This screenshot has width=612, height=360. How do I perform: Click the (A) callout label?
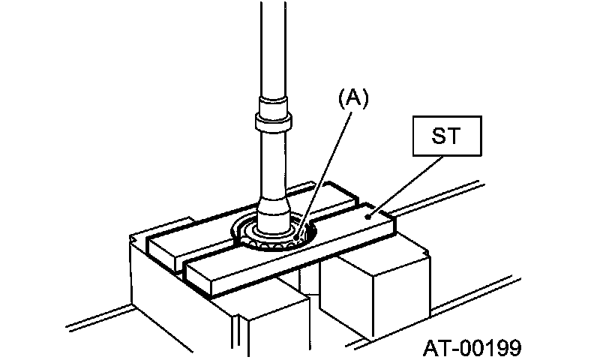coord(354,99)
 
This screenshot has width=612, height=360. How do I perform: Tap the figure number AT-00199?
coord(472,347)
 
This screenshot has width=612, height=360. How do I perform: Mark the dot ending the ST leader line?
coord(369,215)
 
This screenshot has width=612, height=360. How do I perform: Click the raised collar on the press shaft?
coord(271,119)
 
